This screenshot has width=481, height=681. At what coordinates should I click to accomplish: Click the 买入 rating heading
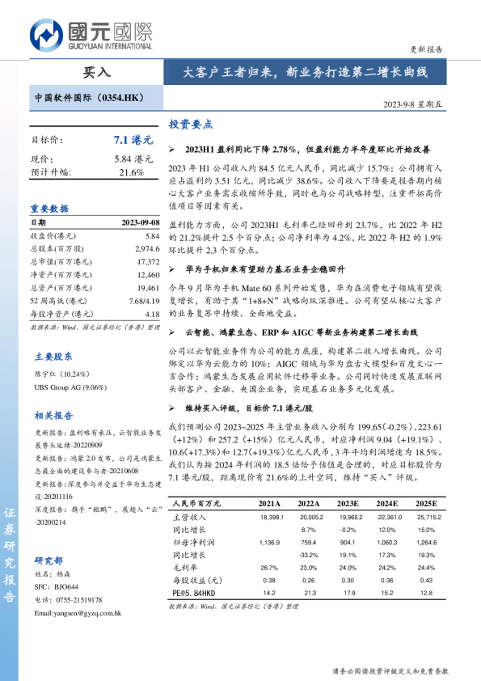point(97,72)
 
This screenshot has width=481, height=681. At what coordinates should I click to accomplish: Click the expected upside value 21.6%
point(131,172)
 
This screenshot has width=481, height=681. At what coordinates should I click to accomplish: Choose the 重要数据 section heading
point(50,208)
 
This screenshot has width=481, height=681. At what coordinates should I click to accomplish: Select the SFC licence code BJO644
point(68,586)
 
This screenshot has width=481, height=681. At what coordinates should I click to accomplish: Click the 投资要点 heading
point(190,125)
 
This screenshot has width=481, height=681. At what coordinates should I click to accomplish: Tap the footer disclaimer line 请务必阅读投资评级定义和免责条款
point(390,671)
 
